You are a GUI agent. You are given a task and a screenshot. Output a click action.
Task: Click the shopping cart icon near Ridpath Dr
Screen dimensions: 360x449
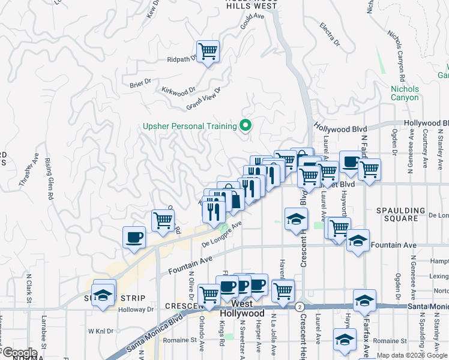(x=208, y=51)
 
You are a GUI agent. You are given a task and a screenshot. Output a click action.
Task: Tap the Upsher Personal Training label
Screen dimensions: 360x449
(x=189, y=126)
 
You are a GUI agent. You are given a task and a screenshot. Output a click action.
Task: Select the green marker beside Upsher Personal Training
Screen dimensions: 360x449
(x=245, y=126)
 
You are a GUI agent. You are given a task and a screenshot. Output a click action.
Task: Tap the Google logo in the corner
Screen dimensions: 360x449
(x=19, y=353)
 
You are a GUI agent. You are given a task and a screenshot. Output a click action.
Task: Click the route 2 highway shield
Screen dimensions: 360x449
(x=298, y=307)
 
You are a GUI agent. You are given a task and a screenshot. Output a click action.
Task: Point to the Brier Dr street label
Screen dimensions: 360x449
(x=139, y=85)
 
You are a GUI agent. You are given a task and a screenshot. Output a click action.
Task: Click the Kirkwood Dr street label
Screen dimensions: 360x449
(x=179, y=90)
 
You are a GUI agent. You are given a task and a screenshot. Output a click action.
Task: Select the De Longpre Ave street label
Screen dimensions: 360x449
(x=221, y=234)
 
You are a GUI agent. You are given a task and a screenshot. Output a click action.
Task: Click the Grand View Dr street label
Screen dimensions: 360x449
(x=203, y=98)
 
